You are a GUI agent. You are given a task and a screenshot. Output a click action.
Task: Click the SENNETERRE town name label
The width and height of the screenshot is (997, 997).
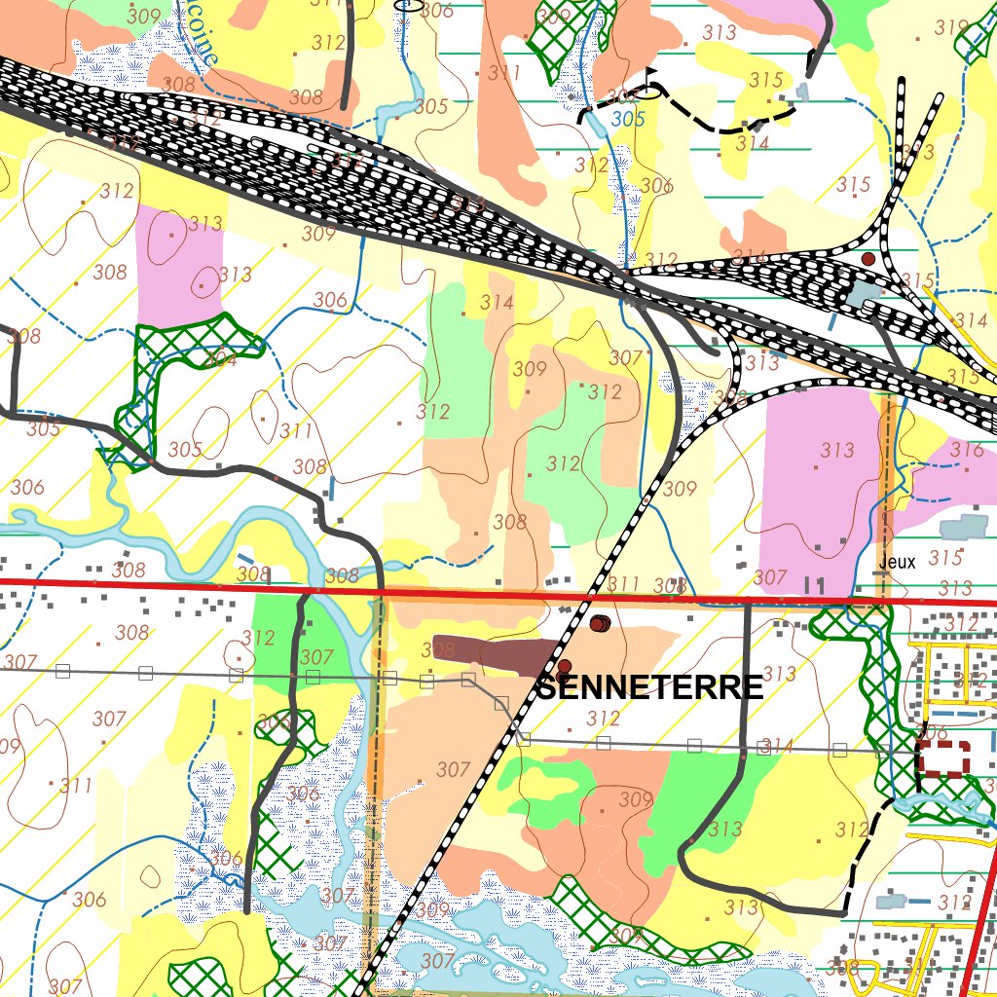click(x=650, y=687)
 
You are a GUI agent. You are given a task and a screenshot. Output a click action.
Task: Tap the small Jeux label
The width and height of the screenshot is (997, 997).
click(x=897, y=562)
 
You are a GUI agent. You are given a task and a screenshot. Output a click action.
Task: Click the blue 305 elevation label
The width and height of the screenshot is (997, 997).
click(x=629, y=119)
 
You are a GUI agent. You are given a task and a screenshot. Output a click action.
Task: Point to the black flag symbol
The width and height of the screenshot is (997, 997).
click(x=649, y=81)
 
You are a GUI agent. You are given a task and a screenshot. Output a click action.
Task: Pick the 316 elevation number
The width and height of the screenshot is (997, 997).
click(x=967, y=450)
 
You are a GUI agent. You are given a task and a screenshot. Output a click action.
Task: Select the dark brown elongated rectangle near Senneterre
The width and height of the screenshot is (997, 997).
click(x=497, y=652)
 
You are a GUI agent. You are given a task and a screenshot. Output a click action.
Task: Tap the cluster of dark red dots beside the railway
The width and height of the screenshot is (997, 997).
click(x=600, y=623)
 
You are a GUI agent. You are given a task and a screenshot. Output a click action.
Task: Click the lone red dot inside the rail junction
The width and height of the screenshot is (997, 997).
click(x=868, y=258)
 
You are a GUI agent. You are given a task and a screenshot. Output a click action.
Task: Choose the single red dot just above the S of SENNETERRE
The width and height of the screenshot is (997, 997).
click(x=563, y=667)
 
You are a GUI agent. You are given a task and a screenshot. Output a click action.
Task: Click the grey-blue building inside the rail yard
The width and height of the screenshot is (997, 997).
click(x=862, y=291)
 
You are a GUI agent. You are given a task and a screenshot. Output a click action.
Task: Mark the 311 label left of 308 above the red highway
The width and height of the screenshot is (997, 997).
click(x=623, y=584)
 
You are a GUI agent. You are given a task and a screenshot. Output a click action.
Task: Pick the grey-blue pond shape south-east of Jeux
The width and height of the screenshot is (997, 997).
click(x=964, y=526)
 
